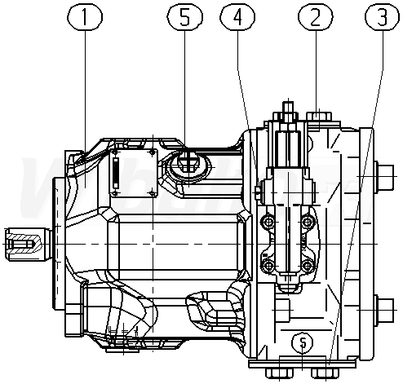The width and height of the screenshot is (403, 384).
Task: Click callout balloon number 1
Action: click(x=85, y=17)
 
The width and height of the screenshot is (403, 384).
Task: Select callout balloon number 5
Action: click(x=184, y=17)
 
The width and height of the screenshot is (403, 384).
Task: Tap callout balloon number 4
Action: click(x=237, y=17)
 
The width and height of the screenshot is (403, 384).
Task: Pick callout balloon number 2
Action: click(x=316, y=17)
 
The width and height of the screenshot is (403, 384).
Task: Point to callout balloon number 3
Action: click(x=383, y=17)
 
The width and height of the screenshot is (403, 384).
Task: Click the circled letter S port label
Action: click(x=302, y=342)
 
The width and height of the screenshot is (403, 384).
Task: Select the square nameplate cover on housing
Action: click(x=134, y=172)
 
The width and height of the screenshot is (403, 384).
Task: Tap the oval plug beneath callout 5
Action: click(x=189, y=166)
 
